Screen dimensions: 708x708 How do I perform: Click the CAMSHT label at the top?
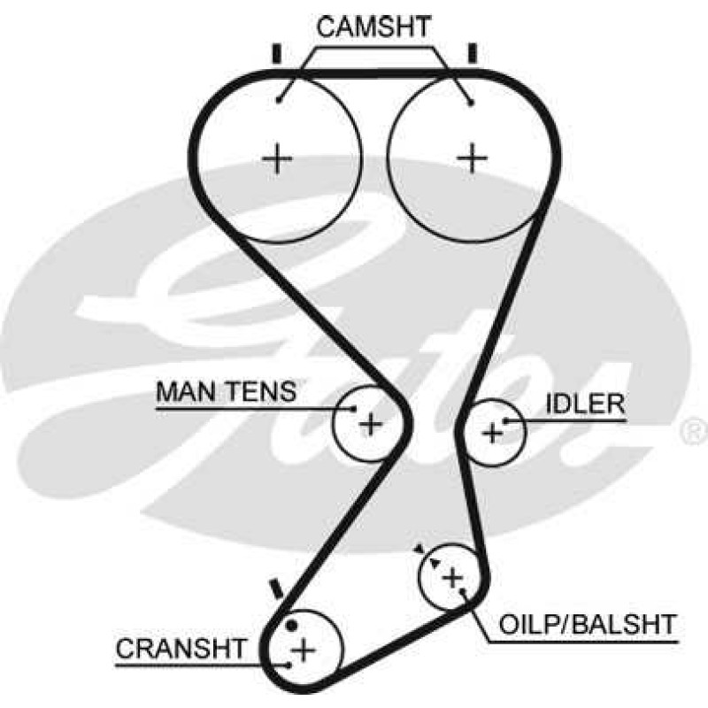point(373,27)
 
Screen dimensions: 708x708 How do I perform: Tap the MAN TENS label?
point(227,391)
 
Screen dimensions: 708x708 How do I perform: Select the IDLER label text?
point(585,404)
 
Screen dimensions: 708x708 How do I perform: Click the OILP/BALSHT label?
point(587,625)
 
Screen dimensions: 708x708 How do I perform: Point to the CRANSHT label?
point(181,649)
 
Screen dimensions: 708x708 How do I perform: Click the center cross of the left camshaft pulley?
point(277,158)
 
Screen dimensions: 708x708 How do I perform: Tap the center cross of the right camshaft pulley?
point(473,158)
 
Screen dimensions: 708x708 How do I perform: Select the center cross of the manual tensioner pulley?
point(371,424)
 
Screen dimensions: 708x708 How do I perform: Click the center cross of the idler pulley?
point(493,434)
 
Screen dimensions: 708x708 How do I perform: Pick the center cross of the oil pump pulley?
point(453,578)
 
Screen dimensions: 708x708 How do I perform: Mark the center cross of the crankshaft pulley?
point(304,650)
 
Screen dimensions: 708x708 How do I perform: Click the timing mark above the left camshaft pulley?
point(277,54)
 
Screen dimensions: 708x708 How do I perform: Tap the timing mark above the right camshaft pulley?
point(473,53)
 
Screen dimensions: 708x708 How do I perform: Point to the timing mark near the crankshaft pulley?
point(275,589)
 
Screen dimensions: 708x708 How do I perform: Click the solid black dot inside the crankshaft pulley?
point(292,626)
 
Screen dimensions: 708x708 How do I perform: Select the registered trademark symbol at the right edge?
point(695,430)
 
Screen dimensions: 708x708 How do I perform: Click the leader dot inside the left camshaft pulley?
point(280,100)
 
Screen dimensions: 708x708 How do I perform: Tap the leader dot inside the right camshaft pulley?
point(471,104)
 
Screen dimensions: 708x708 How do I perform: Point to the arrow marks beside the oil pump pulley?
point(427,557)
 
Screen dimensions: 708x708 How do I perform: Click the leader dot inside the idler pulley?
point(506,421)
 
